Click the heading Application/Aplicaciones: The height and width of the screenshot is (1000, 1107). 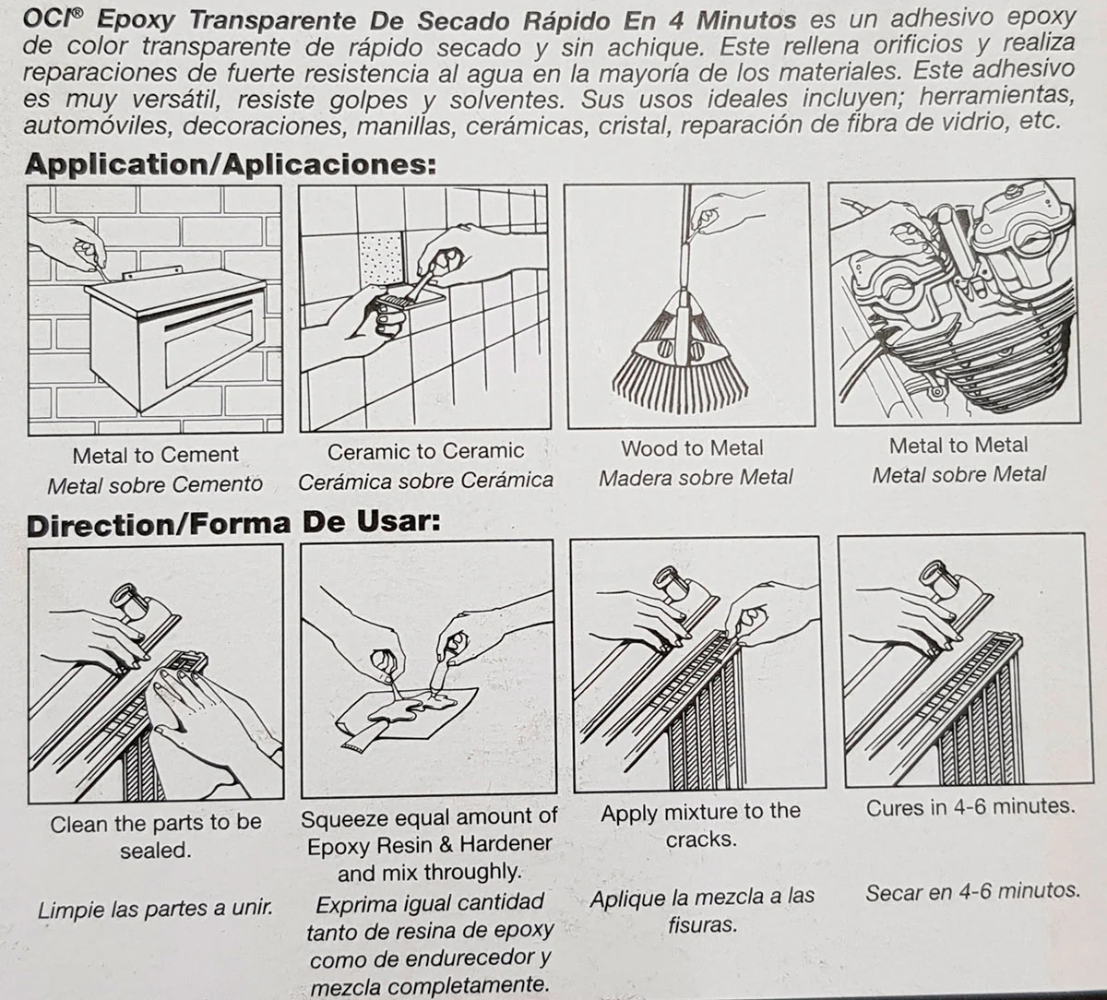(x=231, y=164)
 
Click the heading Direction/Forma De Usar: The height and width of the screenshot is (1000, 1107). (x=233, y=524)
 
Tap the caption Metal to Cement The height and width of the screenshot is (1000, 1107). (x=156, y=455)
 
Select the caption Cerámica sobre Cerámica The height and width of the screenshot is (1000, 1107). (x=425, y=481)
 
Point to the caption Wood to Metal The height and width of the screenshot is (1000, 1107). (x=693, y=448)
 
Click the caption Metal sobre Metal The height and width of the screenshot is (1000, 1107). (x=959, y=474)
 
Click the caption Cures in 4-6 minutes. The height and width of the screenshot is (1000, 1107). (x=970, y=807)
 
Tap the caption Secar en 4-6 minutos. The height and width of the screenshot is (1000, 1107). (x=972, y=891)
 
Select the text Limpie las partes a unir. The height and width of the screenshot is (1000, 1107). (x=156, y=909)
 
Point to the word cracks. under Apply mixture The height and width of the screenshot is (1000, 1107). (x=701, y=839)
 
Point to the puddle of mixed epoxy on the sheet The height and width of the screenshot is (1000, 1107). (x=410, y=707)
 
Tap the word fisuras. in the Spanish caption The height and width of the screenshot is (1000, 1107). (x=703, y=924)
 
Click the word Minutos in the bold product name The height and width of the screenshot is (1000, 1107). (x=745, y=20)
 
